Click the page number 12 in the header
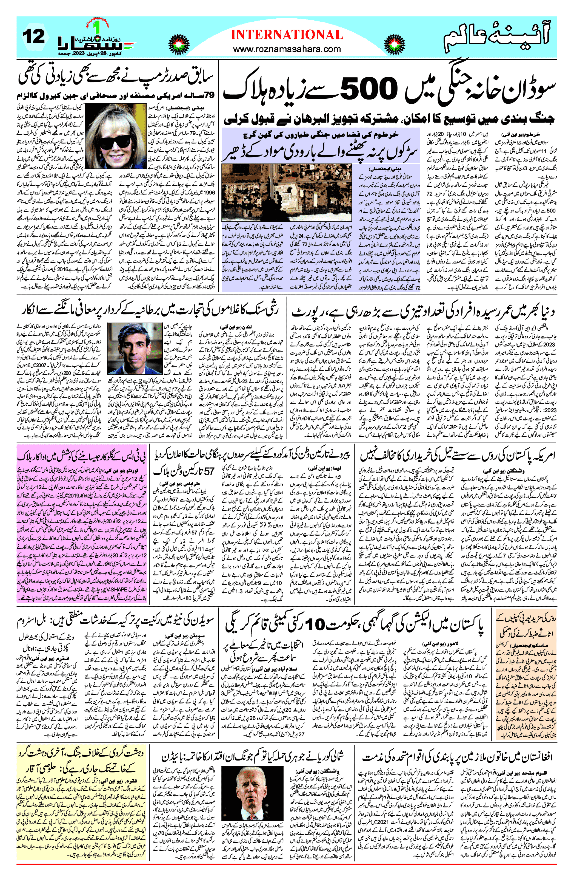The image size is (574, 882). tap(34, 37)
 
